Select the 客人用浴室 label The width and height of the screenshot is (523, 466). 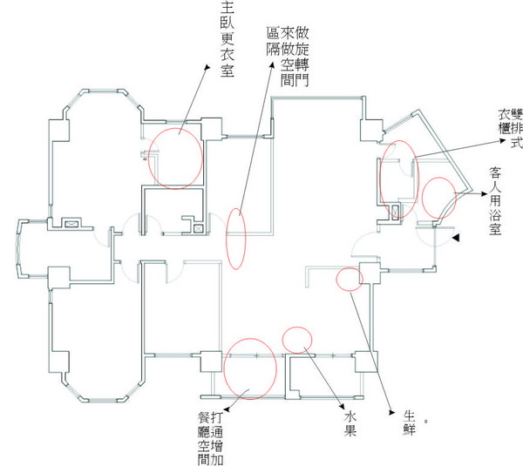[x=494, y=204]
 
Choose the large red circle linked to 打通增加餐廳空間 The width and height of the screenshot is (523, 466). [x=250, y=367]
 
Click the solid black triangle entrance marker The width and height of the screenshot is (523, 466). [x=456, y=238]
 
